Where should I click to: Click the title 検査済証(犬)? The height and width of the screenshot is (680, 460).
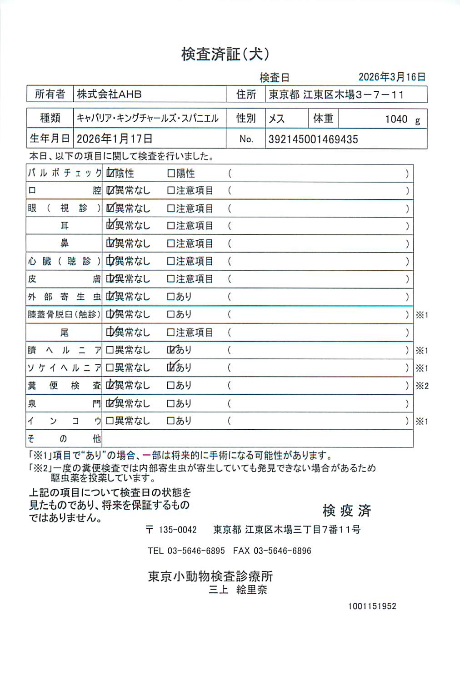tap(225, 54)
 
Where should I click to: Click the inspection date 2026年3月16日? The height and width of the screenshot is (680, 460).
tap(392, 77)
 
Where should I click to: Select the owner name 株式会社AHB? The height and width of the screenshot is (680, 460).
tap(109, 94)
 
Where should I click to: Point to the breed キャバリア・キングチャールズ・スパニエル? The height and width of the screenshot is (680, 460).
tap(148, 119)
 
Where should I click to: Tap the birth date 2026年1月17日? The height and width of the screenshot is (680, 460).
tap(115, 139)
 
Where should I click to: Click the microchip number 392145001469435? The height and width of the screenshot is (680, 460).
tap(313, 139)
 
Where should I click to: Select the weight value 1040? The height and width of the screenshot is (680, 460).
tap(396, 119)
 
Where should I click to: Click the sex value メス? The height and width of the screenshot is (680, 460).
tap(277, 119)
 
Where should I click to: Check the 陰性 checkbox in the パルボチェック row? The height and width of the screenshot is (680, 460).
tap(110, 173)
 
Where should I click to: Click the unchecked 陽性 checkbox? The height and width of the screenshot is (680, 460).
tap(171, 173)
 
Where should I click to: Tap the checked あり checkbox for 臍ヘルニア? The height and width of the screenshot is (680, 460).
tap(171, 350)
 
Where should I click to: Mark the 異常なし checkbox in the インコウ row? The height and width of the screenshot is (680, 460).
tap(110, 421)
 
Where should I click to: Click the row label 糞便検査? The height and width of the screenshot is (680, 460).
tap(64, 386)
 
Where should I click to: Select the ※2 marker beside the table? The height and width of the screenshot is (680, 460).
tap(422, 386)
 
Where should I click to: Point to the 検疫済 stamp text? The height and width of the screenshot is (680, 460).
tap(347, 511)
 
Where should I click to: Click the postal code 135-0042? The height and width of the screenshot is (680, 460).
tap(178, 530)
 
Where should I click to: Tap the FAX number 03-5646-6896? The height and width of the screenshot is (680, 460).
tap(282, 551)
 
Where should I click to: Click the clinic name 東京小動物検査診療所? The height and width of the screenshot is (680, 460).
tap(210, 576)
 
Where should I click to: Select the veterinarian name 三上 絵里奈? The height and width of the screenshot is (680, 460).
tap(238, 590)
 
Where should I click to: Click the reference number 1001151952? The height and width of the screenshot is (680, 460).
tap(372, 606)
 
